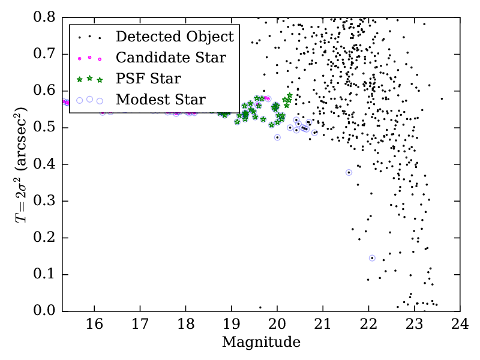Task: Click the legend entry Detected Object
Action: pos(175,37)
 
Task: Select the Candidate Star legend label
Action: pos(170,58)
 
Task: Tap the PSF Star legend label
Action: pos(148,79)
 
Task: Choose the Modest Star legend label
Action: pos(160,100)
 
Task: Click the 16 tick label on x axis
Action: pos(94,325)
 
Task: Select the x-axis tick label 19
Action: pos(231,325)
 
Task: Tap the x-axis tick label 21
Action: pos(323,325)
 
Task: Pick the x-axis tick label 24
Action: pos(460,325)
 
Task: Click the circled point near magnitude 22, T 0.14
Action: pos(372,258)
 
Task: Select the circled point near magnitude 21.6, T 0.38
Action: pos(349,172)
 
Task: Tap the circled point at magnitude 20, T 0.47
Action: pos(277,137)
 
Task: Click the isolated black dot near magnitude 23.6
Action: pos(442,98)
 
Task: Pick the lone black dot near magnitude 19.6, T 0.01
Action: pos(260,307)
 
